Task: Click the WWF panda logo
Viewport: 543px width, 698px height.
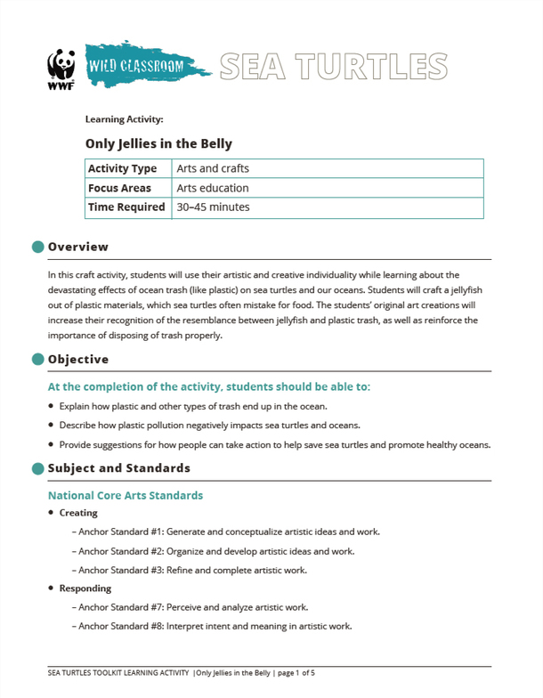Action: (x=61, y=68)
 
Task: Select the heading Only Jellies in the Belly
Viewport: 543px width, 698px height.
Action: (x=158, y=142)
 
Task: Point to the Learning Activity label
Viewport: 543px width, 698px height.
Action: (x=124, y=118)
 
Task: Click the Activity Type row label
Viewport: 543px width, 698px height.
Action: (x=122, y=169)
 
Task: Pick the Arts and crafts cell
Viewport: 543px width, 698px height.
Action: (x=213, y=169)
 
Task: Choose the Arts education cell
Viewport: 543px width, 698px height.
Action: (x=213, y=189)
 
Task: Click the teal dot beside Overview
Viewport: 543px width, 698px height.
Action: (x=37, y=247)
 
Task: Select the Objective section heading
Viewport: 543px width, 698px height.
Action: (x=78, y=360)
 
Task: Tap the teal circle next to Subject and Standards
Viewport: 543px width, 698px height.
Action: (x=37, y=468)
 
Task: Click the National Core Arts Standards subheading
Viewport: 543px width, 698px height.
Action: (x=126, y=495)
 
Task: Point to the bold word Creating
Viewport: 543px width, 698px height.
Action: (x=78, y=513)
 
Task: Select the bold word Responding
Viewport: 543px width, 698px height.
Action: (x=85, y=588)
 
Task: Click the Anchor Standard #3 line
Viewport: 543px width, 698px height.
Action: (x=193, y=570)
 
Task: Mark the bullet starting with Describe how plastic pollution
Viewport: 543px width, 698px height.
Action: (x=209, y=426)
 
